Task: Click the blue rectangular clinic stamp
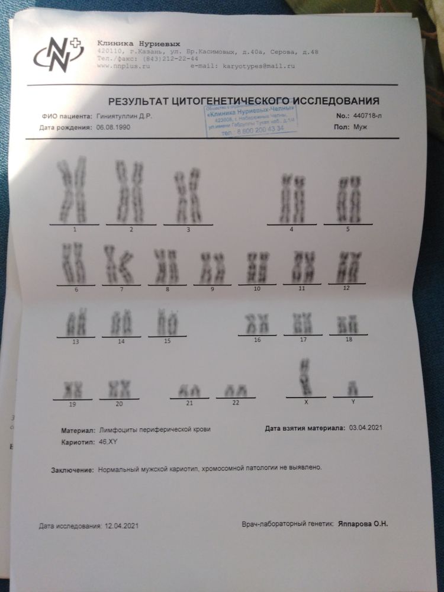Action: point(250,122)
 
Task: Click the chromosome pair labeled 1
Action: point(72,190)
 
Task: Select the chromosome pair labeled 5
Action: point(348,199)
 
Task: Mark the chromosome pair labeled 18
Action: point(348,324)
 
